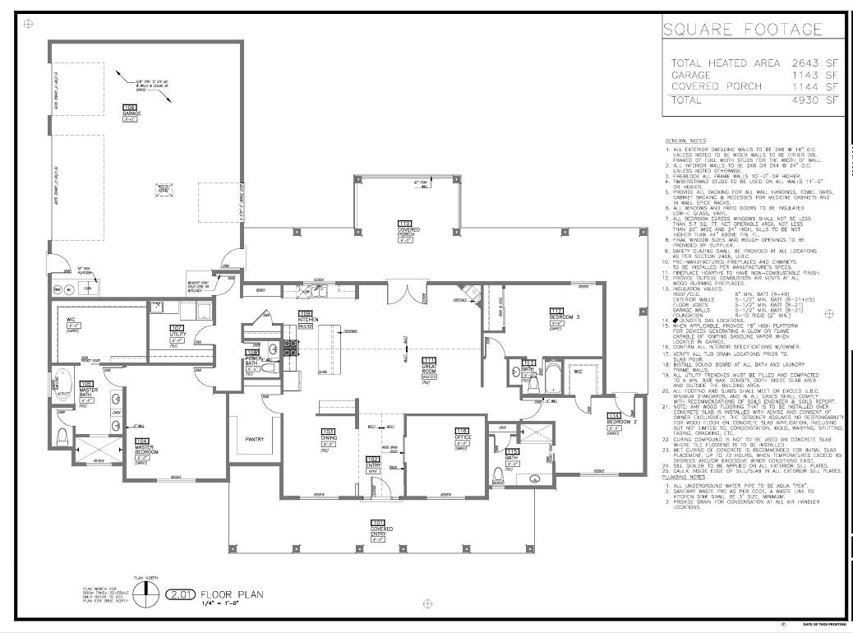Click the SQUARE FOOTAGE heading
click(x=742, y=30)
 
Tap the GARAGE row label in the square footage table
click(x=692, y=75)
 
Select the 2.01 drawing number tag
click(x=180, y=594)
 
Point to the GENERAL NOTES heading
click(x=685, y=141)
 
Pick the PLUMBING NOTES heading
click(x=687, y=477)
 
